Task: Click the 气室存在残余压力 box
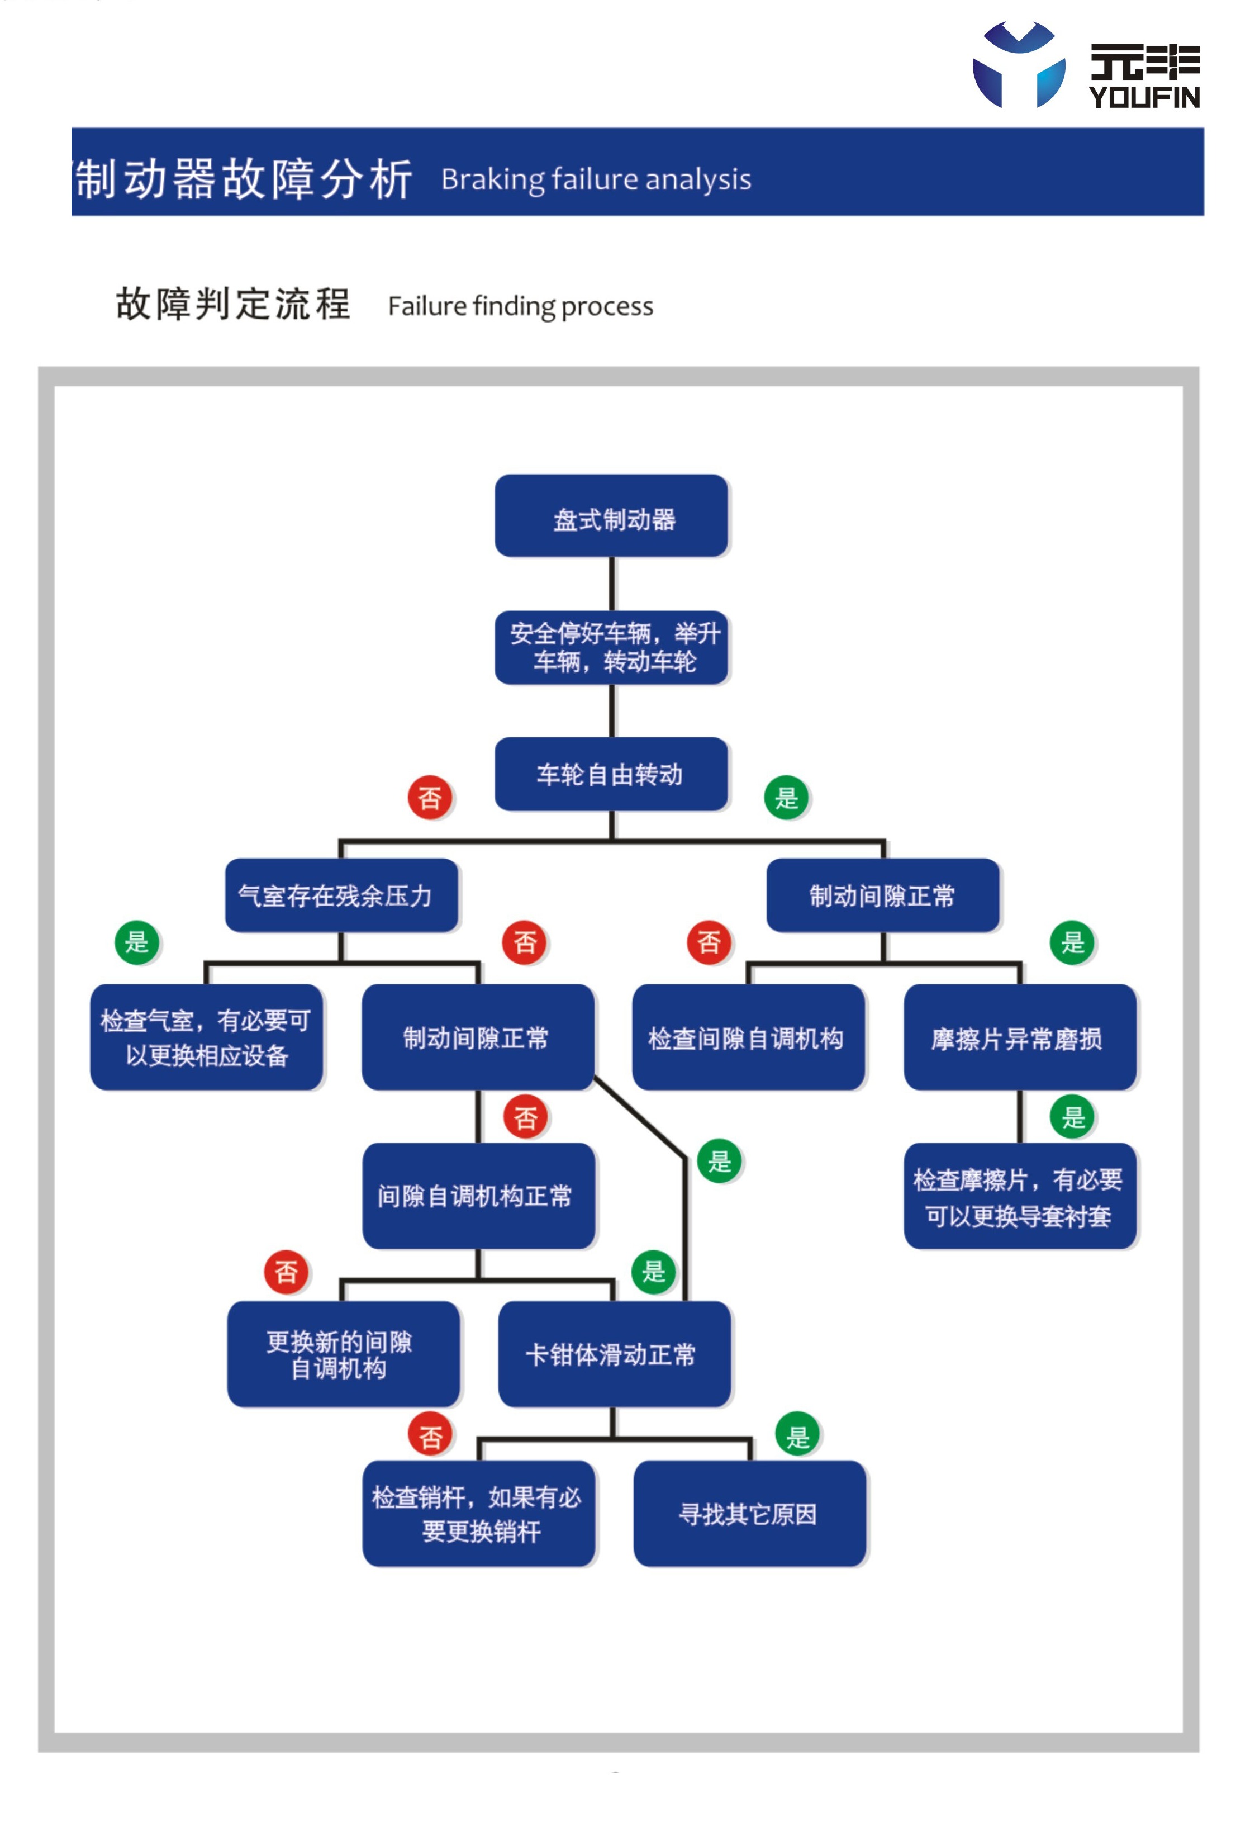click(341, 895)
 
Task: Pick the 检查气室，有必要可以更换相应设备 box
click(207, 1037)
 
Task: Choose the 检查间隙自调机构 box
click(748, 1037)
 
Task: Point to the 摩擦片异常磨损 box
click(1020, 1037)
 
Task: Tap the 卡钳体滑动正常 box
click(614, 1354)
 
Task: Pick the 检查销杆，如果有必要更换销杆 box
click(478, 1514)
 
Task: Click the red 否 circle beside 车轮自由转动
click(430, 797)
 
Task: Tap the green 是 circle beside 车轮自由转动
click(786, 797)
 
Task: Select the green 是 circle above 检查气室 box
click(137, 941)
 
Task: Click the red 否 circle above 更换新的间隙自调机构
click(286, 1271)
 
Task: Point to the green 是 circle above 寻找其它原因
click(798, 1434)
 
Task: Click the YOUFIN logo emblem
click(1019, 65)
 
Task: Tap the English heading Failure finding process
click(520, 306)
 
